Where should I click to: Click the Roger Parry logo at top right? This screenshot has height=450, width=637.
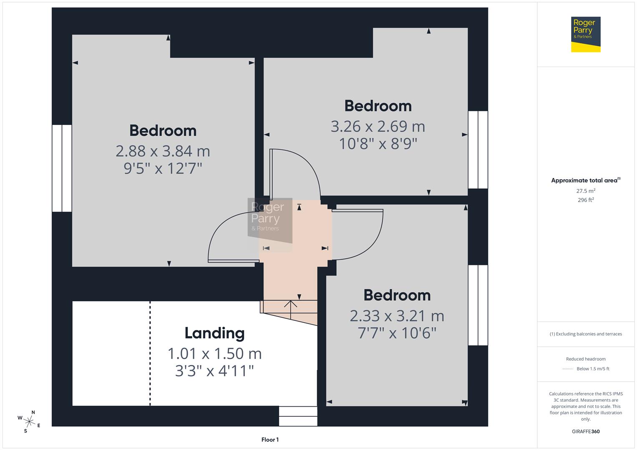pos(585,34)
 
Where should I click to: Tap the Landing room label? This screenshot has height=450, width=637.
pos(214,333)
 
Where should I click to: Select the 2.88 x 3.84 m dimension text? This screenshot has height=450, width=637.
pos(163,151)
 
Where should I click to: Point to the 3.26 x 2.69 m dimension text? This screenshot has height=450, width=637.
pos(378,126)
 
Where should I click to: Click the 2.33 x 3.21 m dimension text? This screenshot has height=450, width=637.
pos(397,316)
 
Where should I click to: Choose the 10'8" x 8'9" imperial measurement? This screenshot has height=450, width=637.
pos(378,144)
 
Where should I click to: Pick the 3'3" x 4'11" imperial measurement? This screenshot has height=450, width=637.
pos(214,370)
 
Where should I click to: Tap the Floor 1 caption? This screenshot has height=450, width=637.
pos(270,440)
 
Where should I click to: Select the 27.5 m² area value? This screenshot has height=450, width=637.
pos(585,191)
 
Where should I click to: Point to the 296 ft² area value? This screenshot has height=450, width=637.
pos(585,200)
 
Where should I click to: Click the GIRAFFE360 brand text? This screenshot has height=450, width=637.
pos(585,431)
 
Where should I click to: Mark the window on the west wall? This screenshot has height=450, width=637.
pos(62,168)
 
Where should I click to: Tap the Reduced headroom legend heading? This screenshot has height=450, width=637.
pos(585,359)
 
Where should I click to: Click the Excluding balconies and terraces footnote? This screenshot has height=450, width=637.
pos(585,334)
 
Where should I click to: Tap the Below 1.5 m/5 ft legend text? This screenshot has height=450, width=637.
pos(592,369)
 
